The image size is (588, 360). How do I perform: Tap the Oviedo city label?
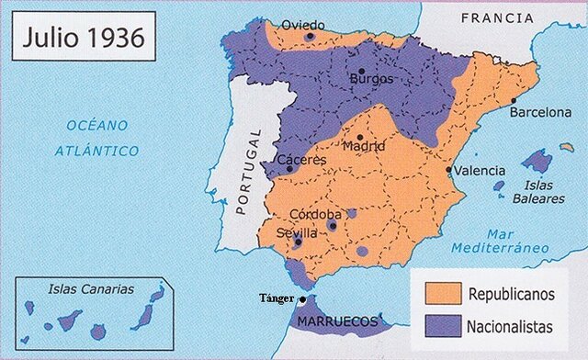click(x=302, y=24)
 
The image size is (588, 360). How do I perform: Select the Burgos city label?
click(x=371, y=79)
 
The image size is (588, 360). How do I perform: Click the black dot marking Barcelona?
click(x=513, y=100)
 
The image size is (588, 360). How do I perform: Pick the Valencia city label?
click(x=480, y=171)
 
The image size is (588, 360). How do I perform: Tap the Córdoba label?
click(x=316, y=214)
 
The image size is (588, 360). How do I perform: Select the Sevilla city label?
click(x=297, y=233)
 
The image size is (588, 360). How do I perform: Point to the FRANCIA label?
click(x=497, y=17)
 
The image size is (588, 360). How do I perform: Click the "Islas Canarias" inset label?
click(x=91, y=288)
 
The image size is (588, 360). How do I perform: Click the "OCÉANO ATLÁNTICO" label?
click(x=96, y=137)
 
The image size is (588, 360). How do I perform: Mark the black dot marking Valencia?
click(x=448, y=170)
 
